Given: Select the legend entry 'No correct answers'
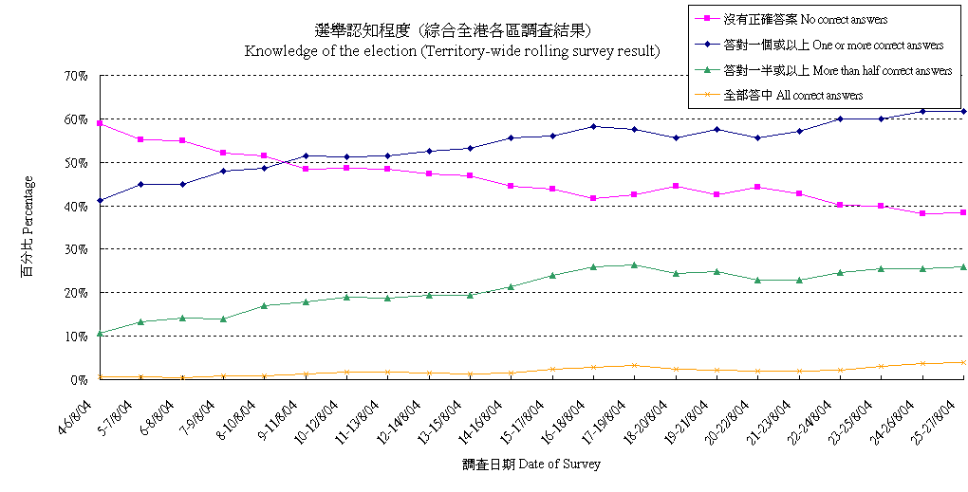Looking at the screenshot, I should click(x=806, y=19).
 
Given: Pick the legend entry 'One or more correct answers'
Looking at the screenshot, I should click(x=832, y=45).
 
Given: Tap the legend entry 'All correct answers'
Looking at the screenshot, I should click(x=792, y=95).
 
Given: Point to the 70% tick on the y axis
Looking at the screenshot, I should click(x=76, y=76).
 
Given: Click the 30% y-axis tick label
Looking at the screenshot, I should click(x=76, y=249).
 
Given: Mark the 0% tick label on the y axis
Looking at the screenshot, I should click(x=80, y=379).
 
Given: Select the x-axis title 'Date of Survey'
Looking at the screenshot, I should click(x=531, y=465).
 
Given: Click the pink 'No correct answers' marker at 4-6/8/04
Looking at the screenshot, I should click(x=100, y=123).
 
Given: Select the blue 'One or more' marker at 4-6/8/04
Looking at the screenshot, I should click(x=100, y=201).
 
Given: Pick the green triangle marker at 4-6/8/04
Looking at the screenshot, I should click(x=100, y=333).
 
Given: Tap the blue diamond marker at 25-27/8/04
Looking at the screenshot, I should click(x=963, y=111).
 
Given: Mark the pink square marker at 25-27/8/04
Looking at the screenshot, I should click(x=963, y=212).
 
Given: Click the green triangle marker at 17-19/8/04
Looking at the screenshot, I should click(x=634, y=264).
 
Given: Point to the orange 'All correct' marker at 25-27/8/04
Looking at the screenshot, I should click(x=963, y=362).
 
